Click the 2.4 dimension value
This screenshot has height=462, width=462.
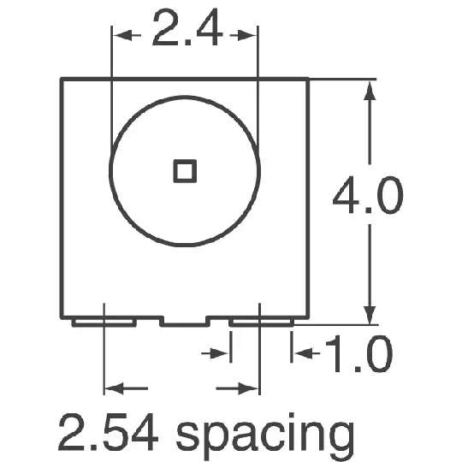[187, 27]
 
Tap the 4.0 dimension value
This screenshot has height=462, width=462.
[368, 195]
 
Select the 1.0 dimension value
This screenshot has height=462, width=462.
[359, 353]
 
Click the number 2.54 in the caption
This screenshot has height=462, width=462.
[108, 432]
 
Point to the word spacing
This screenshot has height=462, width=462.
[265, 436]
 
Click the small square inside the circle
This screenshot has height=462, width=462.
[185, 171]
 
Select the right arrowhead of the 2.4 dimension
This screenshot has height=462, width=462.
[247, 36]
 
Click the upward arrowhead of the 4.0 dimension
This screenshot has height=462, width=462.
[370, 91]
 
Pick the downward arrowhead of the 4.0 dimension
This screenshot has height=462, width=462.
[370, 315]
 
